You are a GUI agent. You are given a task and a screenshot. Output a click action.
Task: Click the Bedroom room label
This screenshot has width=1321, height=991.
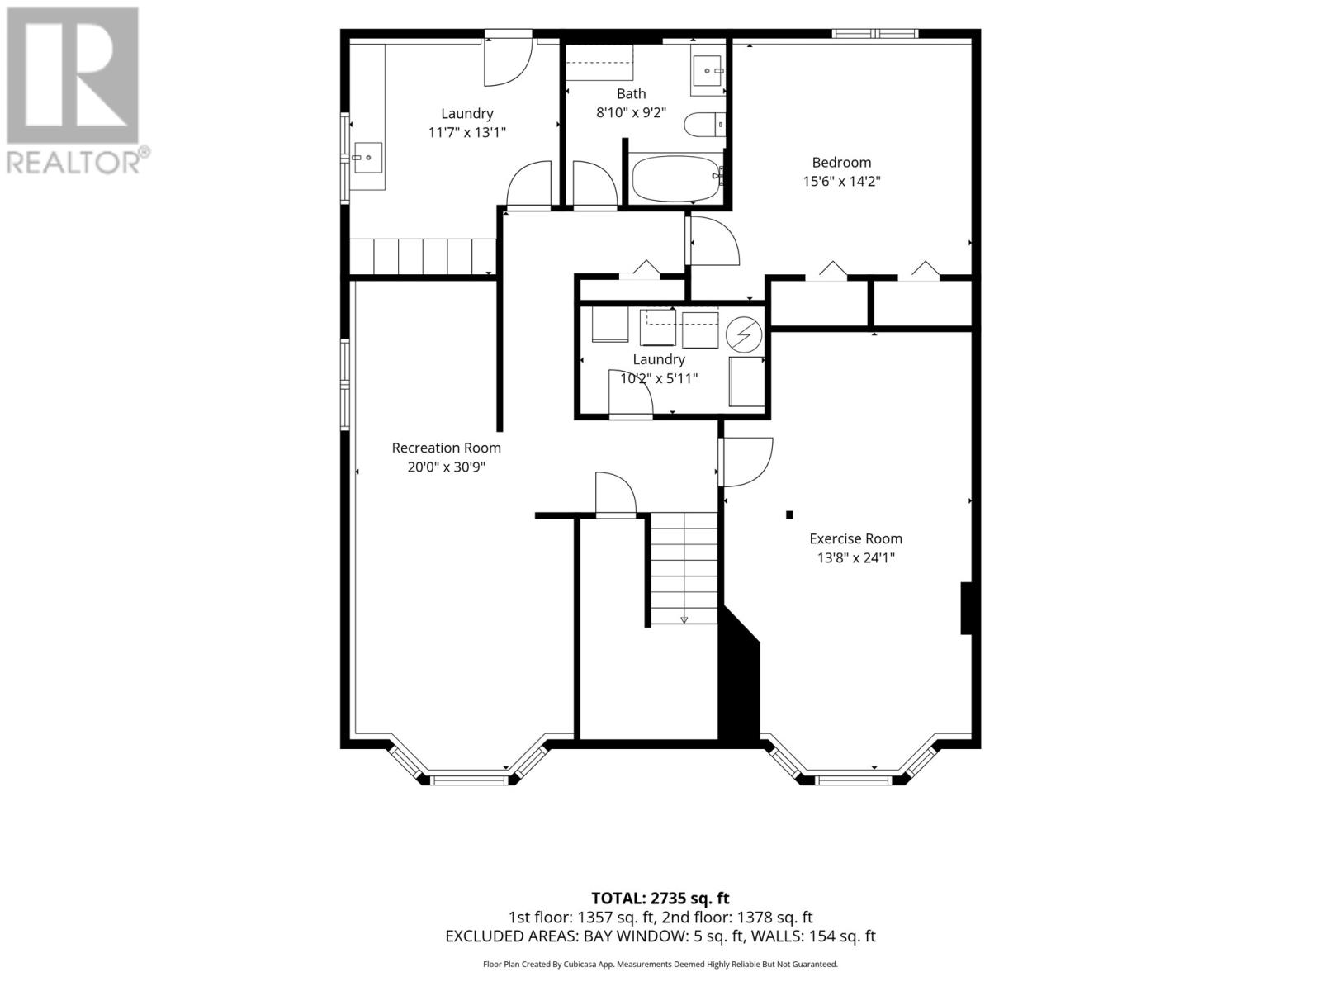(841, 163)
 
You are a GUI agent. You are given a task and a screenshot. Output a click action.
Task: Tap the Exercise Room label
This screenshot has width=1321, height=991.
(855, 538)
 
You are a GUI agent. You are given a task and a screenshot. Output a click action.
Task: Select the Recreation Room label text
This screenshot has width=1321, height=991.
(446, 448)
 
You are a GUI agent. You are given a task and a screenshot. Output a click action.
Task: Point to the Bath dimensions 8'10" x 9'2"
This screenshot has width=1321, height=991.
(631, 112)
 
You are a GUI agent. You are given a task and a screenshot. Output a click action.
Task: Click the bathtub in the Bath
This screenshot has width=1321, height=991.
(676, 178)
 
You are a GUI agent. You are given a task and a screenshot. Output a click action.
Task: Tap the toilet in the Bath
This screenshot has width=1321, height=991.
(704, 126)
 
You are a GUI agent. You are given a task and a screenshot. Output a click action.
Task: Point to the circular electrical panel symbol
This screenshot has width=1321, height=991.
(744, 334)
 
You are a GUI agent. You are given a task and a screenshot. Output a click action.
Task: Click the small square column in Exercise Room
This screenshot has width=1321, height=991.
(789, 514)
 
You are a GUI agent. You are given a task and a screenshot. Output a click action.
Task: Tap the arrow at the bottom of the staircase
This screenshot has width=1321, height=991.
(684, 619)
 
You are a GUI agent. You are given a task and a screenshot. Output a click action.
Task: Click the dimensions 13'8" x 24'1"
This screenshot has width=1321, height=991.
(855, 557)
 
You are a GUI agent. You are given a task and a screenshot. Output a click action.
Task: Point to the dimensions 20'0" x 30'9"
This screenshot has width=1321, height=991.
(446, 467)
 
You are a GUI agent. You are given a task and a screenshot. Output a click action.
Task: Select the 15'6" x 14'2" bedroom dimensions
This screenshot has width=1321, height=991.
(841, 181)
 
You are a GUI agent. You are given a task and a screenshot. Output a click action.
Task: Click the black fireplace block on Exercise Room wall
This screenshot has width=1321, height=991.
(966, 608)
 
